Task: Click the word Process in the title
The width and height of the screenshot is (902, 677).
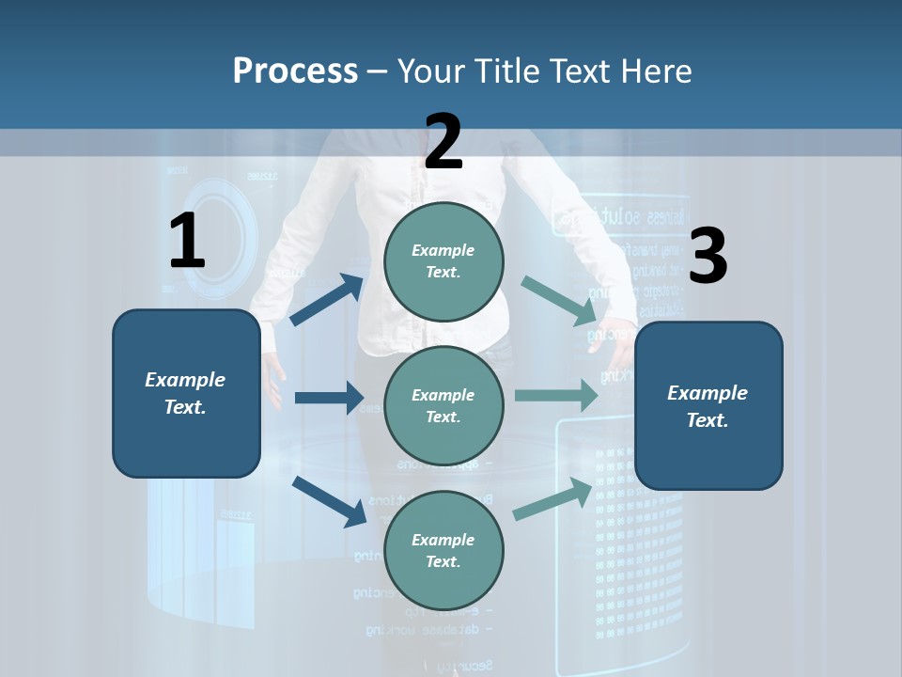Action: pyautogui.click(x=295, y=71)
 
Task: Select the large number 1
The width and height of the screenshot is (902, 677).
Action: pyautogui.click(x=187, y=242)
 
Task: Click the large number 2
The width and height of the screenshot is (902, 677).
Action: pyautogui.click(x=443, y=142)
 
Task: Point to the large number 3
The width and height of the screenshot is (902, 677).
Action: pyautogui.click(x=708, y=256)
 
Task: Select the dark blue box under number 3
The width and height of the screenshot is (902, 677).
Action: pyautogui.click(x=708, y=451)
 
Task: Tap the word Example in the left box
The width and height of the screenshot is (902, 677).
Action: pyautogui.click(x=185, y=380)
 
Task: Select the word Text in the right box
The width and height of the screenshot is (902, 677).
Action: pyautogui.click(x=707, y=420)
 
